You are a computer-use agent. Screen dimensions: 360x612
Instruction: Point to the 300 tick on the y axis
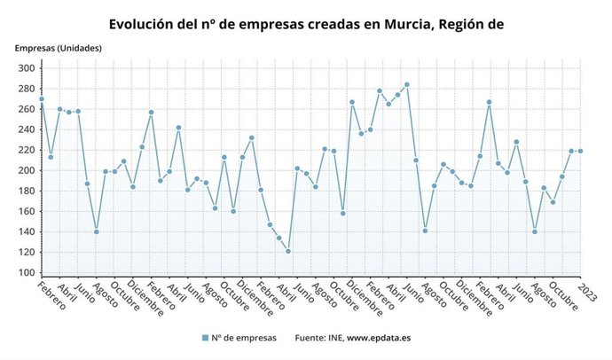[x=26, y=68]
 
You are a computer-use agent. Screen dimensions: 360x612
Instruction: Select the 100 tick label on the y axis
[x=26, y=272]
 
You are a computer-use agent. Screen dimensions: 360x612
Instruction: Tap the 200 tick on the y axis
[x=26, y=170]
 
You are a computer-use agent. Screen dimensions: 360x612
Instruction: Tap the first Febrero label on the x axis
[x=52, y=298]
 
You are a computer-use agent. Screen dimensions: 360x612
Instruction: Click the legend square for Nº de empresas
[x=204, y=338]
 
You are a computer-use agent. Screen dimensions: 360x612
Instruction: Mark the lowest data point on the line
[x=288, y=251]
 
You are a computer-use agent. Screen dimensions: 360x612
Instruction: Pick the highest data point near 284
[x=406, y=84]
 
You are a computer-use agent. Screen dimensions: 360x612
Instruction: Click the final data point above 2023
[x=580, y=151]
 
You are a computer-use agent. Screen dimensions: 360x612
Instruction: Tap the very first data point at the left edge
[x=42, y=99]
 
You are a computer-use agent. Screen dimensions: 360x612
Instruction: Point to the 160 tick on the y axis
[x=26, y=211]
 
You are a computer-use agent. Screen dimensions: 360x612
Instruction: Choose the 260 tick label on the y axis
[x=26, y=109]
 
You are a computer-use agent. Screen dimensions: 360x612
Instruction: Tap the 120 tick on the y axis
[x=26, y=252]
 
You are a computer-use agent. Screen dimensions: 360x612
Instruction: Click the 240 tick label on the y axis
[x=26, y=129]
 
